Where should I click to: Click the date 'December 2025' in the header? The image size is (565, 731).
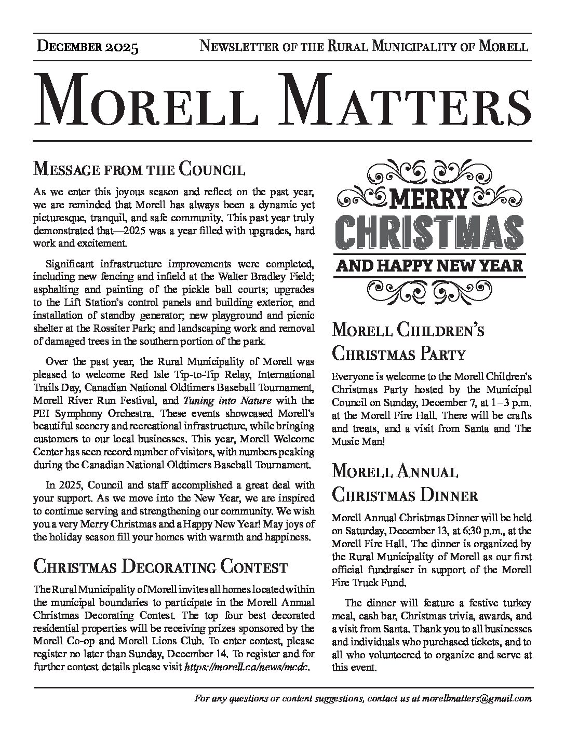pyautogui.click(x=88, y=47)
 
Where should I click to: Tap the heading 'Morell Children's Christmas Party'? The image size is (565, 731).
pyautogui.click(x=409, y=341)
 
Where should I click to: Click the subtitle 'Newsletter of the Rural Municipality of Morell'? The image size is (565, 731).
pyautogui.click(x=365, y=47)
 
